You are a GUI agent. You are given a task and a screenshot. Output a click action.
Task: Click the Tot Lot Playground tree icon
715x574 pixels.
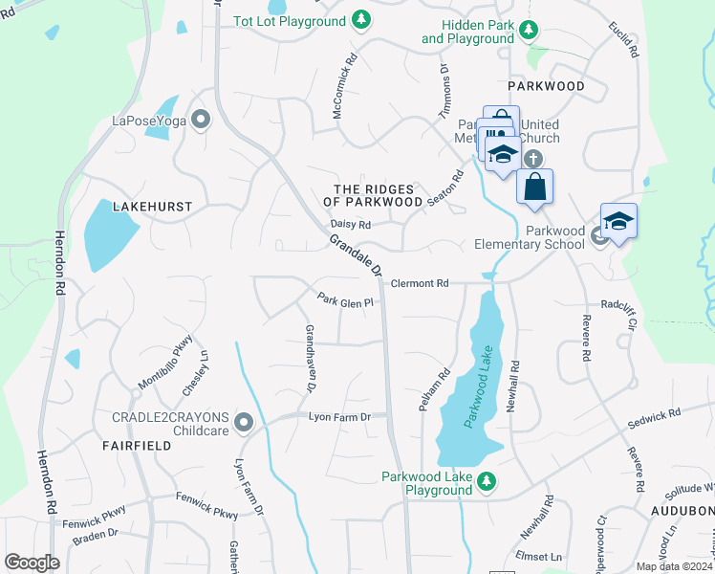click(x=360, y=19)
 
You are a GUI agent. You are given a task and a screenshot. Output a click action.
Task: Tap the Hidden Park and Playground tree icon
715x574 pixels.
click(x=529, y=33)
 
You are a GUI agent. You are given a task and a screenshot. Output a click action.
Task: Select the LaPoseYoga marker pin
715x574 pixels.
click(x=200, y=120)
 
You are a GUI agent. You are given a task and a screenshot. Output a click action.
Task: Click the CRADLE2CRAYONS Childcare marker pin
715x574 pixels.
click(x=244, y=421)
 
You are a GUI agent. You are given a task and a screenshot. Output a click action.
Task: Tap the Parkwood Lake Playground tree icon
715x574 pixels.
click(x=487, y=481)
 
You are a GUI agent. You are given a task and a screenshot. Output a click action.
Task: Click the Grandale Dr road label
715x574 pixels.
click(x=357, y=255)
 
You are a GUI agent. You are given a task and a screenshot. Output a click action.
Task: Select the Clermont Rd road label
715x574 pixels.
click(x=420, y=284)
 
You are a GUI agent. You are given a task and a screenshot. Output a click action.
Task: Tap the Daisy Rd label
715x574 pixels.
click(x=350, y=226)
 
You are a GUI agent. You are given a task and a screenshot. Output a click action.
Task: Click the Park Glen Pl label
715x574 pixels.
click(x=344, y=302)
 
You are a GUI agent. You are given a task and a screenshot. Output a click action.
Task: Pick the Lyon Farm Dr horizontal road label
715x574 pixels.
click(x=338, y=417)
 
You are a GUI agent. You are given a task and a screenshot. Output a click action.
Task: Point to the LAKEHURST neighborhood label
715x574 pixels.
click(x=153, y=206)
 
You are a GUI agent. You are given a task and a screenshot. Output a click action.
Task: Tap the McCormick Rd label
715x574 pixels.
click(x=344, y=73)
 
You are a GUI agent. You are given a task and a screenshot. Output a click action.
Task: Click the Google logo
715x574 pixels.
click(x=32, y=562)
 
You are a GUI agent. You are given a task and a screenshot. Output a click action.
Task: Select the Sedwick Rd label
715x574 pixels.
click(x=654, y=415)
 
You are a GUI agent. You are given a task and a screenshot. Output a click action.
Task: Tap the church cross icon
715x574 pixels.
click(x=532, y=159)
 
